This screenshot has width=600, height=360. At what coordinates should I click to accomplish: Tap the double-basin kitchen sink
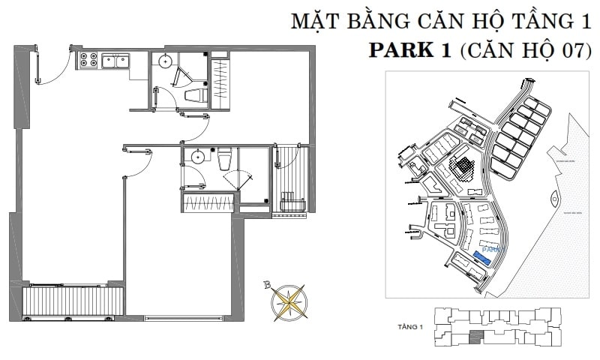click(115, 60)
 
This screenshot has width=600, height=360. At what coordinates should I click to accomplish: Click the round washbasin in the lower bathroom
click(196, 157)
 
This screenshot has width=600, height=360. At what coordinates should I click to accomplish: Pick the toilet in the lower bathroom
click(224, 159)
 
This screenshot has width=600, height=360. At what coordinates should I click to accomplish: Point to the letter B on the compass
click(267, 283)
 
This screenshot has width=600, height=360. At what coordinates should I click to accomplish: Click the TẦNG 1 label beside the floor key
click(412, 327)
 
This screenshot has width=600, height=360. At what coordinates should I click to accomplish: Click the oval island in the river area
click(554, 199)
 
